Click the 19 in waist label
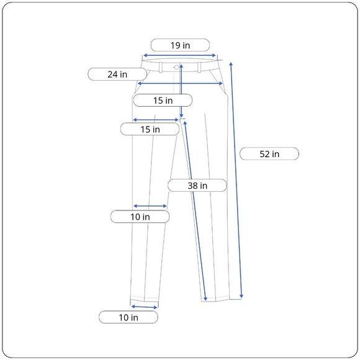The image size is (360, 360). click(180, 45)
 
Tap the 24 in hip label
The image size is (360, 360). click(117, 74)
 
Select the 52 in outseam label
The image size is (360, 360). click(269, 154)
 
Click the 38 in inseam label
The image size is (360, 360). click(197, 185)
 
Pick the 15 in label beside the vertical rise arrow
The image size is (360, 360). click(163, 100)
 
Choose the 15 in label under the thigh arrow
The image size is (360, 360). click(150, 129)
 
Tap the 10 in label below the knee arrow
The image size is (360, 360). click(140, 217)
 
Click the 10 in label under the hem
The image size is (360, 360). click(128, 317)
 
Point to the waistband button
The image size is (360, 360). click(177, 66)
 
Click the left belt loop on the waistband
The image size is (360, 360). click(160, 66)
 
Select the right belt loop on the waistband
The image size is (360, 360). click(199, 66)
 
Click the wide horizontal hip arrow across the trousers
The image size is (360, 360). click(180, 83)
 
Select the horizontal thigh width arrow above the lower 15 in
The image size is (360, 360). click(156, 120)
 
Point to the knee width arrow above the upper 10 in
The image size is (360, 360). click(150, 206)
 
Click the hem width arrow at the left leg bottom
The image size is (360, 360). click(144, 306)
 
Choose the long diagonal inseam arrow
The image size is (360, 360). click(196, 211)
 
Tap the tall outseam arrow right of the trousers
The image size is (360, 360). click(236, 180)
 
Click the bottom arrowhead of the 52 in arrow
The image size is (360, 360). click(241, 295)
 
